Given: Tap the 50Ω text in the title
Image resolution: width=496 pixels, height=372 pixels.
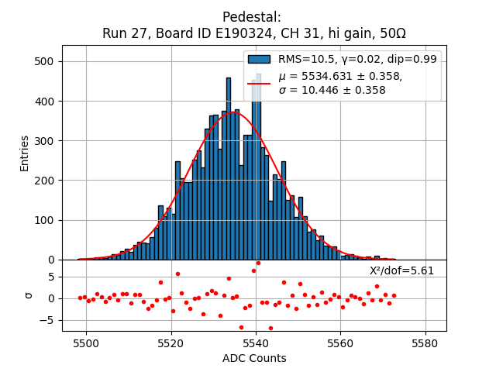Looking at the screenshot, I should pos(391,33).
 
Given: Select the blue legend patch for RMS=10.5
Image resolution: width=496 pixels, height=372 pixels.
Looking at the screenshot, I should pos(259,59).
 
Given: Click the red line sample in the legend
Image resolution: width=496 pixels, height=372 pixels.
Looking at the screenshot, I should pos(259,83).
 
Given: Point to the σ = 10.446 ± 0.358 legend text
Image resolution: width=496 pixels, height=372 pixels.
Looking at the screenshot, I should pos(332,91).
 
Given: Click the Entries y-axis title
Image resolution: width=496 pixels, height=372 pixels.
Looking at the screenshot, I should pos(25,153).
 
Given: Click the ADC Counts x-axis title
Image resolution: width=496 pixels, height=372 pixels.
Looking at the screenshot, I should pos(254,358).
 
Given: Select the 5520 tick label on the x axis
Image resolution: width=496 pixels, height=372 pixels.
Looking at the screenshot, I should pos(170,343).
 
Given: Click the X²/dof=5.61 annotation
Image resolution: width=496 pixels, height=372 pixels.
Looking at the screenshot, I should pos(401,270).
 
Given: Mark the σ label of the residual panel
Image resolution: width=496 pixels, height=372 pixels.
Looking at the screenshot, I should pos(29,295).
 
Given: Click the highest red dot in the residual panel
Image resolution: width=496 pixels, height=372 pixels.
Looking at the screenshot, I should pos(258,263).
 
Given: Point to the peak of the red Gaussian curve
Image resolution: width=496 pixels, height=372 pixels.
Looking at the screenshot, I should pos(235,113).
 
